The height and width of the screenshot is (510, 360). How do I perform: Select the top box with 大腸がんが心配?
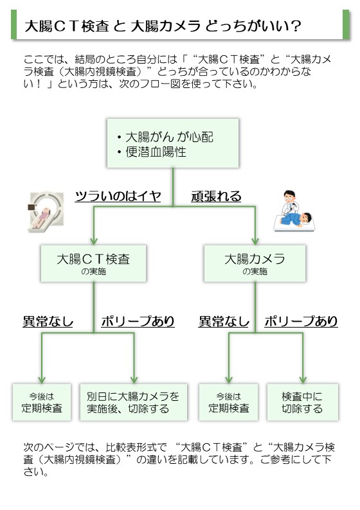pyautogui.click(x=173, y=143)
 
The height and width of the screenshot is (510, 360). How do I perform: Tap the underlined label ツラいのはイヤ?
pyautogui.click(x=118, y=197)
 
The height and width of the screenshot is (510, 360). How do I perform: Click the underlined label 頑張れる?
pyautogui.click(x=216, y=197)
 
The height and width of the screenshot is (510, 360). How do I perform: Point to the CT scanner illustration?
pyautogui.click(x=46, y=212)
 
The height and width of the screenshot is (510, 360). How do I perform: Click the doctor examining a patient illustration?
pyautogui.click(x=294, y=211)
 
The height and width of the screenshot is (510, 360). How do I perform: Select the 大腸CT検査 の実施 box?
pyautogui.click(x=93, y=263)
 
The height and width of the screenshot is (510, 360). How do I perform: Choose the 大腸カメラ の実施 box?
pyautogui.click(x=255, y=263)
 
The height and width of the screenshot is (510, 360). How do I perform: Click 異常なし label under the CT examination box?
pyautogui.click(x=48, y=321)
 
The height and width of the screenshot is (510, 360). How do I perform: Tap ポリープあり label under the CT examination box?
pyautogui.click(x=138, y=321)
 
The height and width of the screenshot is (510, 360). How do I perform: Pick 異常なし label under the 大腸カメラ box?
pyautogui.click(x=224, y=321)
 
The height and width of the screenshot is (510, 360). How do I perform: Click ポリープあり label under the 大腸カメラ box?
pyautogui.click(x=301, y=321)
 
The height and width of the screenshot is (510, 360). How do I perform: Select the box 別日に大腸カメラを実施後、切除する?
pyautogui.click(x=134, y=402)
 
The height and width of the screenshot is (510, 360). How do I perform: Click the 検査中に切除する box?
pyautogui.click(x=303, y=402)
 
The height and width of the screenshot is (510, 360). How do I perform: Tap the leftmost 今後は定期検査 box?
pyautogui.click(x=42, y=402)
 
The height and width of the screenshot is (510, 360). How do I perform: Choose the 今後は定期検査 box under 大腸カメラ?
pyautogui.click(x=228, y=402)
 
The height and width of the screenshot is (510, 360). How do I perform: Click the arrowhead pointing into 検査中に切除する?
pyautogui.click(x=303, y=380)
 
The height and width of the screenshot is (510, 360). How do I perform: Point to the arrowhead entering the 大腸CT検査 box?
pyautogui.click(x=94, y=242)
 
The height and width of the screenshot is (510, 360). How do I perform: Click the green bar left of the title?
pyautogui.click(x=14, y=24)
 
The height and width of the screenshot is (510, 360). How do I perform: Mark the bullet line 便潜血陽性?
pyautogui.click(x=152, y=152)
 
